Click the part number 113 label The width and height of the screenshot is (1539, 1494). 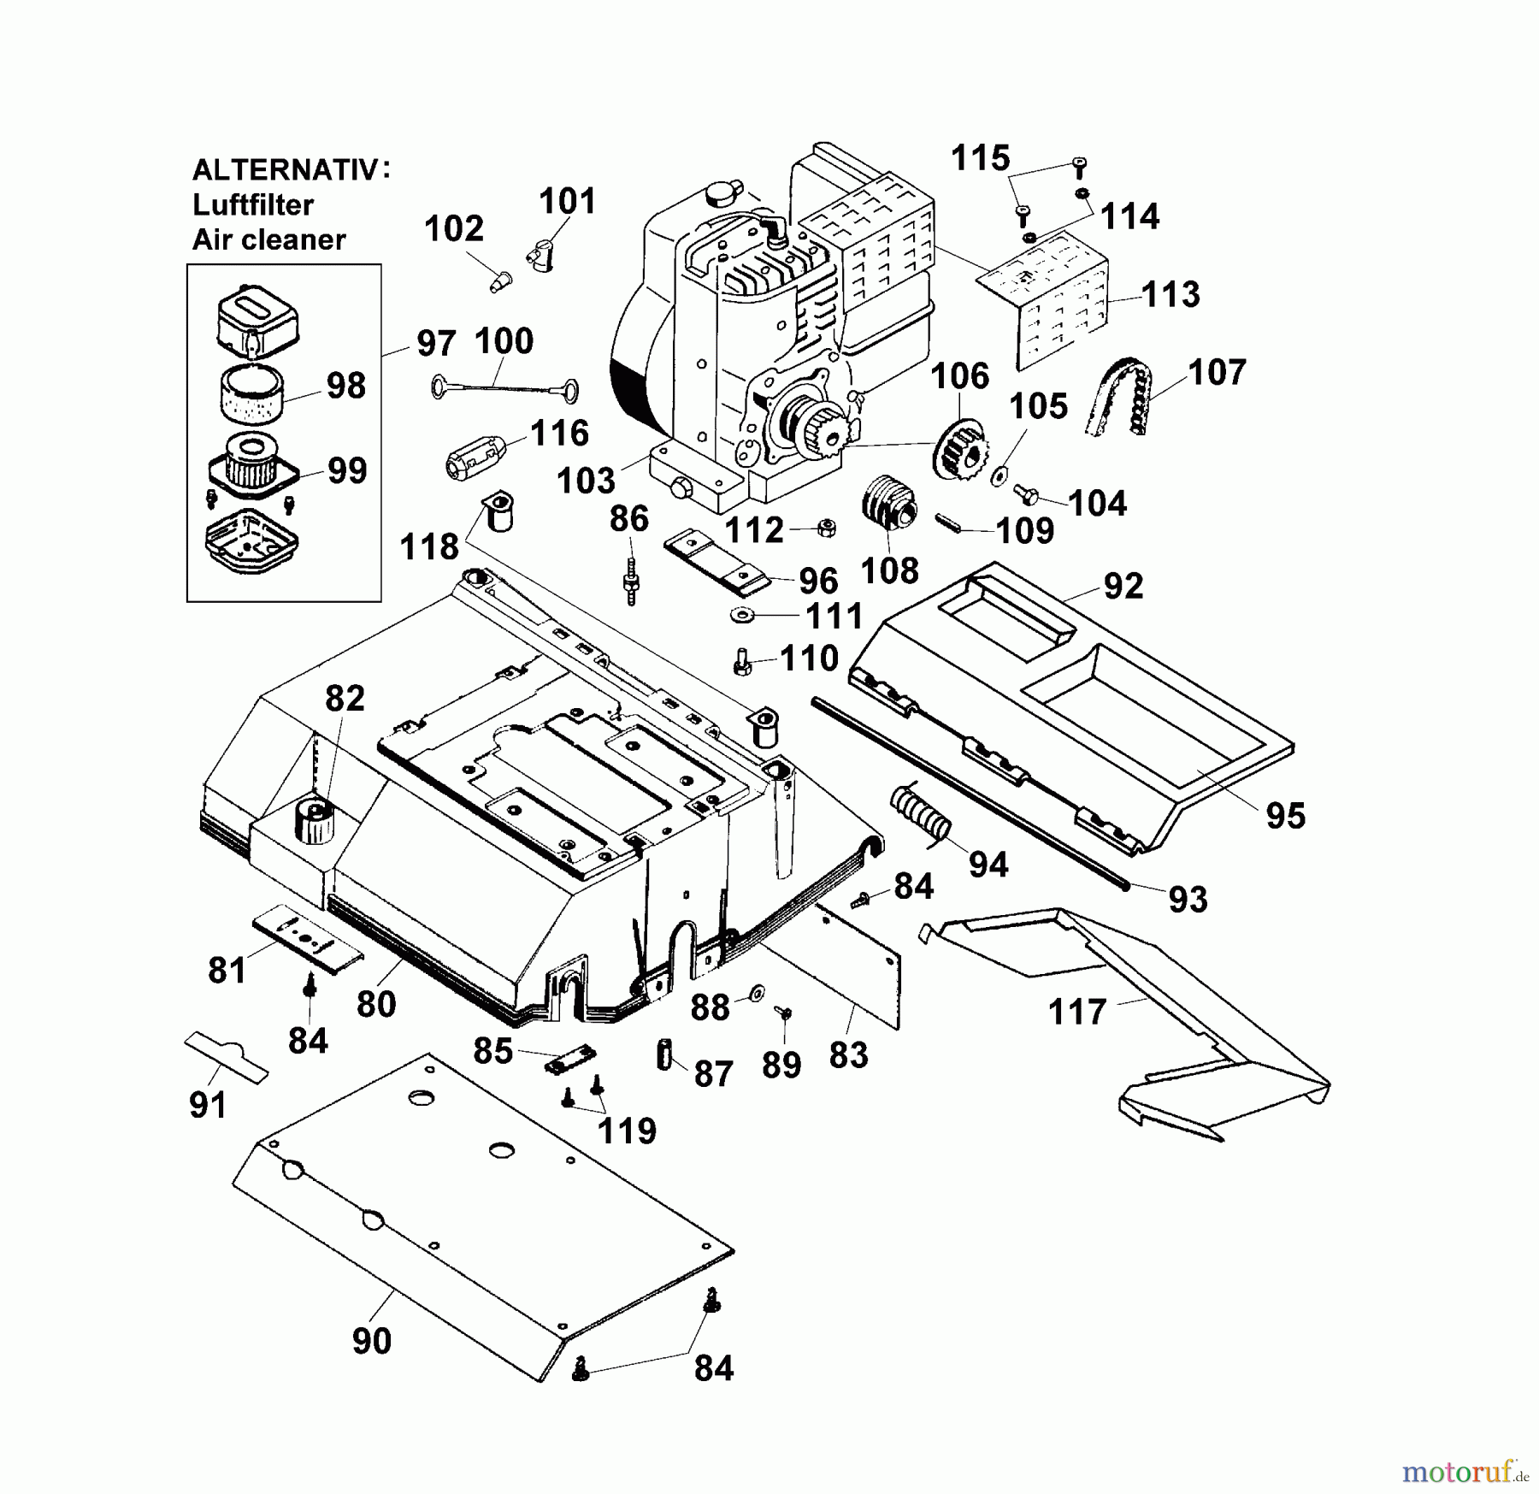coord(1170,294)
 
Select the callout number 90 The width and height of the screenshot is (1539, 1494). coord(372,1341)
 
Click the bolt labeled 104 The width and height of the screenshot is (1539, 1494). coord(1024,493)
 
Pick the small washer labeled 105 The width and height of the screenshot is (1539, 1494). coord(999,475)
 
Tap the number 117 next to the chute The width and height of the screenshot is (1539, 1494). coord(1077,1013)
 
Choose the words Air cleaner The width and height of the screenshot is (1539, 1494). coord(268,239)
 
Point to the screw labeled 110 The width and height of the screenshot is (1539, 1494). coord(742,662)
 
